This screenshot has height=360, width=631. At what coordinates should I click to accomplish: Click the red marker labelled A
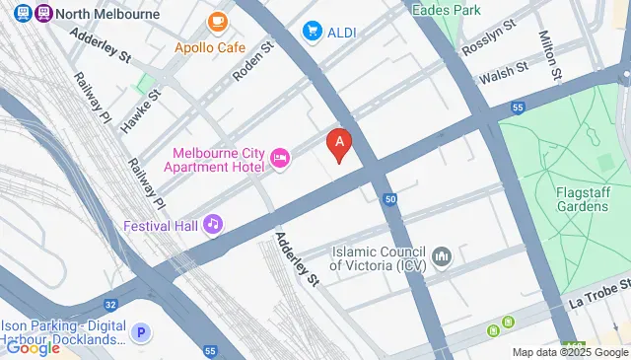coord(340,146)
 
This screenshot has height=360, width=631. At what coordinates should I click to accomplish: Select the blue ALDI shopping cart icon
coord(314,32)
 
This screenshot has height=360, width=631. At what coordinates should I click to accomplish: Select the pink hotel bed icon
coord(280,159)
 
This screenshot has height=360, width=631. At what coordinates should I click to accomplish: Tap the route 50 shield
coord(390,199)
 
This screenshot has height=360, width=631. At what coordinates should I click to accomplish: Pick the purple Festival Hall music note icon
coord(212,225)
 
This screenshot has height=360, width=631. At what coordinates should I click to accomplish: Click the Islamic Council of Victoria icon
coord(442,257)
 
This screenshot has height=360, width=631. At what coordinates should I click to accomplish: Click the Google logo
coord(33,347)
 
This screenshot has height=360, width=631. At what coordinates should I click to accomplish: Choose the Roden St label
coord(250,62)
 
